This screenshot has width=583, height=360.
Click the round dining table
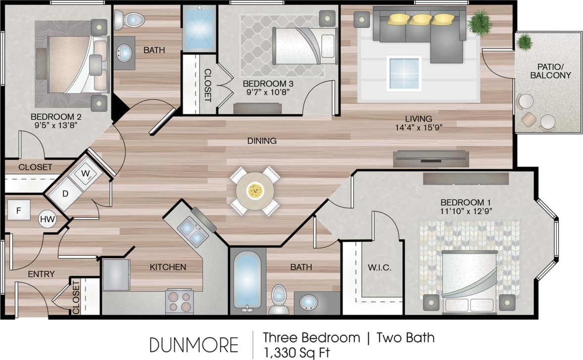pos(255,191)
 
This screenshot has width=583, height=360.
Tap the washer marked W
pos(86,174)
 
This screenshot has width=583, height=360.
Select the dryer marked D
pos(65,193)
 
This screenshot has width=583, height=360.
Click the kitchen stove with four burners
pos(179,301)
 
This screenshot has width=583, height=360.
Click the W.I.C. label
pos(380,268)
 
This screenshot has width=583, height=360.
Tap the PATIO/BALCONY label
pos(550,71)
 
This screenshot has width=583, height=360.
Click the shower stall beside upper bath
pos(199,29)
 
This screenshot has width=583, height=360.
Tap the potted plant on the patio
pos(524,43)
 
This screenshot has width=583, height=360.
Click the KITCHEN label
pos(168,267)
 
